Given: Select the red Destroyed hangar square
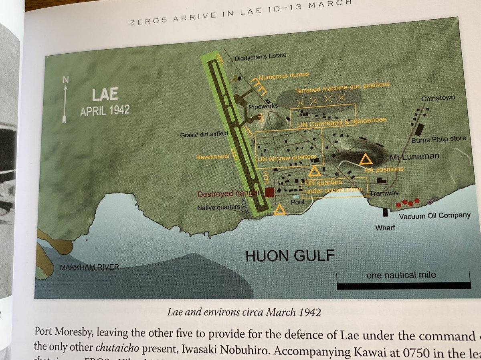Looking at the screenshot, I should [269, 192].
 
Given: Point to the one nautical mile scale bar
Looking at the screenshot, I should [404, 285].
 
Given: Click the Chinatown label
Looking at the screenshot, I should [438, 99].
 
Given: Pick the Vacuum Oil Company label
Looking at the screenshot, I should [435, 215].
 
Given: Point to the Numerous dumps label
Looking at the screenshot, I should [283, 75].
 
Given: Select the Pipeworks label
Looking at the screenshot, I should [263, 107].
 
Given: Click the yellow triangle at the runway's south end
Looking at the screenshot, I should [280, 209].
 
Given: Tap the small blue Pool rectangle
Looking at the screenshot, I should [296, 197].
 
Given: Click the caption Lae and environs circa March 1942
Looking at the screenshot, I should [245, 312].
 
